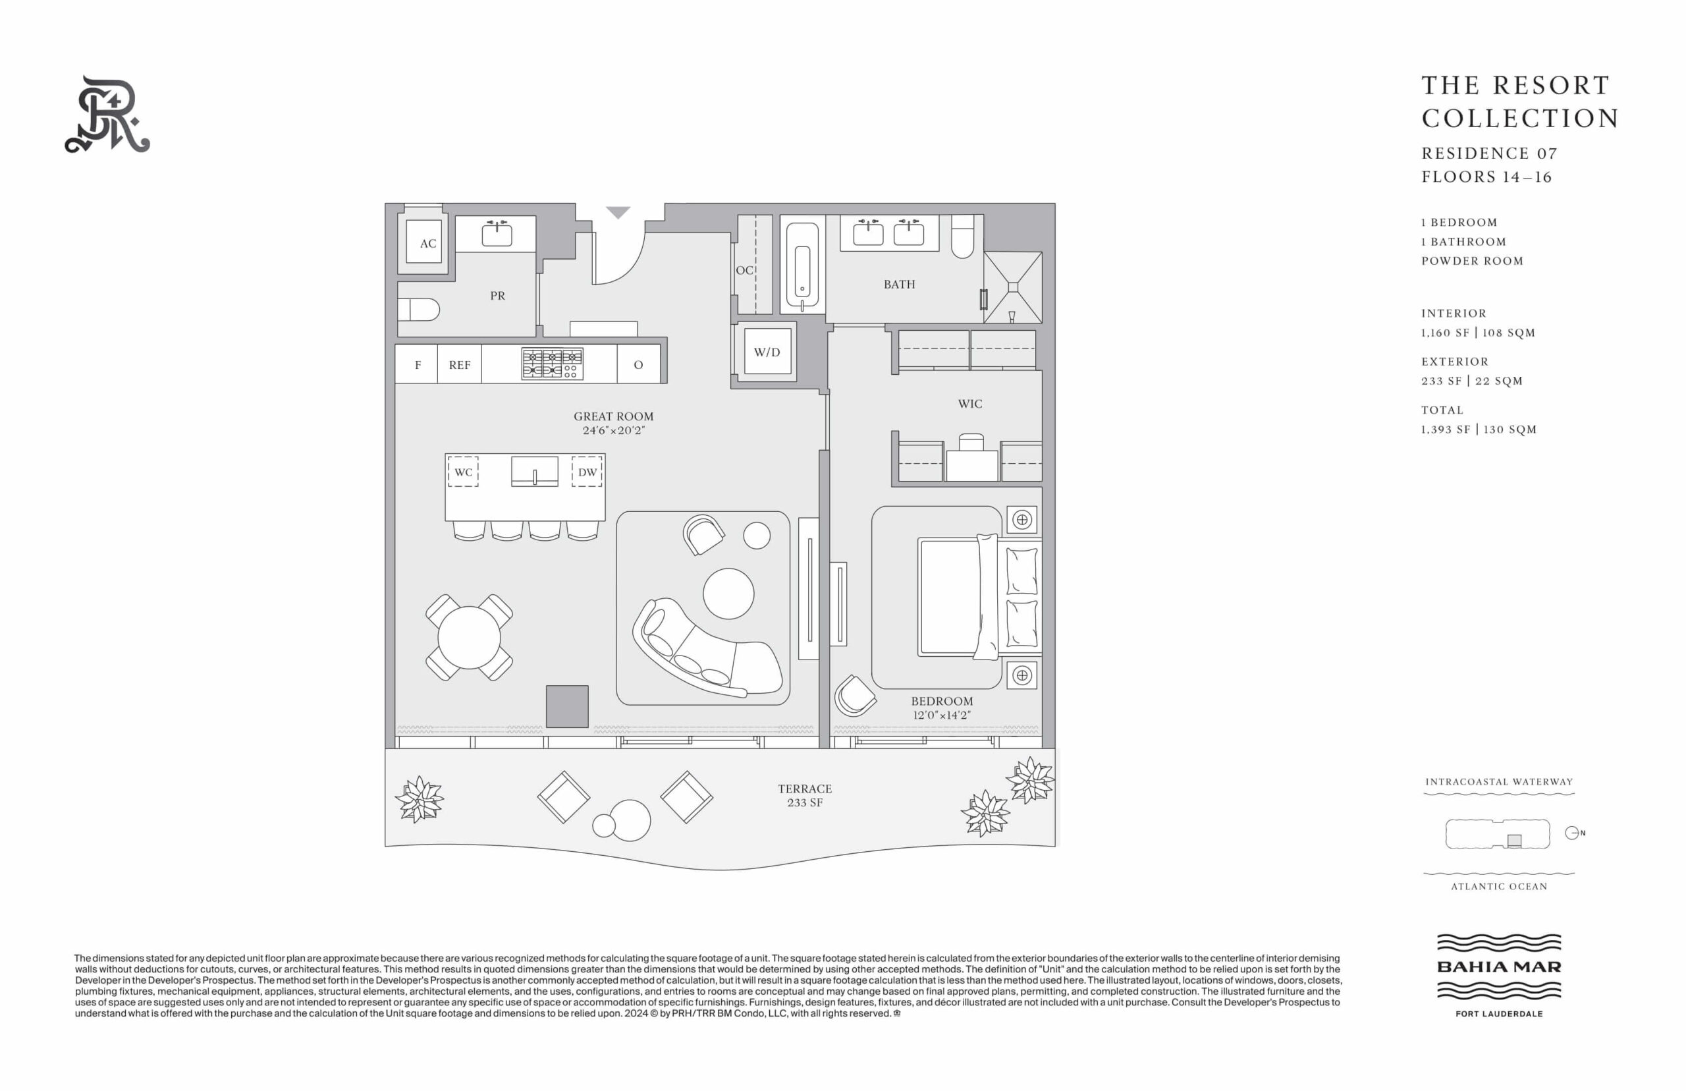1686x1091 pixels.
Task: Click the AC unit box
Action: (423, 242)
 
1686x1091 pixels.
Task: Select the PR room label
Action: (498, 295)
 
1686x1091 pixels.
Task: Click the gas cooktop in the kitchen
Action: (553, 364)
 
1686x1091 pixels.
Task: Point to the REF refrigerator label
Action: (460, 365)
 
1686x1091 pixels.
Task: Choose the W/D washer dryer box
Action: (767, 351)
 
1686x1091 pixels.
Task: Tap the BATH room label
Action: (899, 284)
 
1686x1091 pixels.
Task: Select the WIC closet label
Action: (970, 403)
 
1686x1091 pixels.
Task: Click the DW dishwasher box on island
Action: (587, 472)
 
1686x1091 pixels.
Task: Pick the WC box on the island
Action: (463, 472)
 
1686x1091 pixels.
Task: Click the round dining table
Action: (469, 638)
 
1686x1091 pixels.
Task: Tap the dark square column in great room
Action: (567, 706)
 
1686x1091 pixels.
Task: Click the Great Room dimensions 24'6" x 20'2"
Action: (613, 430)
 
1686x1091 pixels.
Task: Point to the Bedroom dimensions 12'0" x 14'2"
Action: (942, 715)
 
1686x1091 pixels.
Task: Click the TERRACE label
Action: (805, 789)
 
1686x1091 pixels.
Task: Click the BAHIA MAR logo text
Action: (1499, 966)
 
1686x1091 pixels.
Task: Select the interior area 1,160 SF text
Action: (1445, 332)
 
